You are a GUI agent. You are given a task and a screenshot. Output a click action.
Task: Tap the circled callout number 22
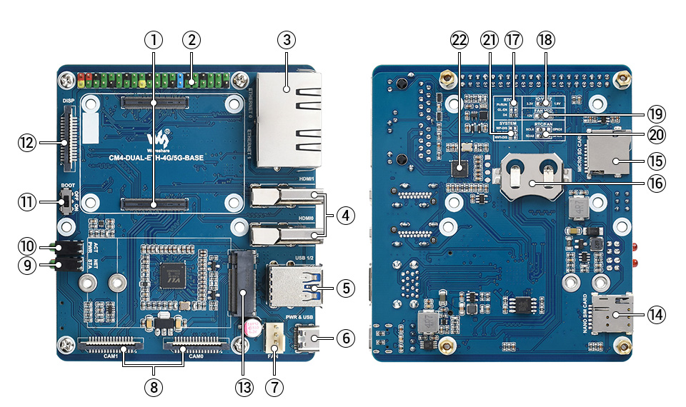(x=458, y=39)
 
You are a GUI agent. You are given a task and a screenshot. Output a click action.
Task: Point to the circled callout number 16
(x=655, y=183)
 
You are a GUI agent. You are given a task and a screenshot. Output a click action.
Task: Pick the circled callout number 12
(x=27, y=143)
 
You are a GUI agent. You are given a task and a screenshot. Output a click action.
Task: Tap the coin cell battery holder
(x=530, y=176)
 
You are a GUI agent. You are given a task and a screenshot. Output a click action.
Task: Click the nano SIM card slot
(x=612, y=311)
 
